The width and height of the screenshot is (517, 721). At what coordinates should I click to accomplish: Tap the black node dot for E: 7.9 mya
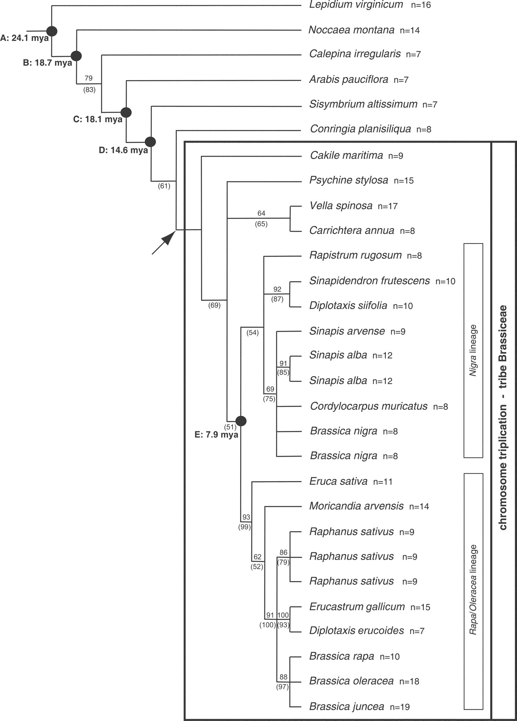point(241,421)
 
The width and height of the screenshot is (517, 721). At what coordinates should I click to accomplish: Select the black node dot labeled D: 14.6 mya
point(150,142)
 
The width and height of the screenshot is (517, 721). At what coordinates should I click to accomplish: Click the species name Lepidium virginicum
point(356,5)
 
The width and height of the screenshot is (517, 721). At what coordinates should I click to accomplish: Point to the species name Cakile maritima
point(347,155)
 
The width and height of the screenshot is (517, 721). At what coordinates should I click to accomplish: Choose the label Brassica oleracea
point(351,681)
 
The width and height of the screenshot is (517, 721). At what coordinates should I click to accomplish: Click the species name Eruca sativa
point(339,481)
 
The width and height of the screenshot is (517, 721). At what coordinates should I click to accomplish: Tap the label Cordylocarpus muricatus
point(369,406)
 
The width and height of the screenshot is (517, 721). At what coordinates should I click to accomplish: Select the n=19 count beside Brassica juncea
point(400,707)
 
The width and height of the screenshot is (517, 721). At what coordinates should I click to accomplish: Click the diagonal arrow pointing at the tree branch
point(164,242)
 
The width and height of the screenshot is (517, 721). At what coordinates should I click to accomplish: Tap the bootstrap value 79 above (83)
point(88,78)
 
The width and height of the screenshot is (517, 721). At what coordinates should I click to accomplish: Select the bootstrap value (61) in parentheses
point(164,186)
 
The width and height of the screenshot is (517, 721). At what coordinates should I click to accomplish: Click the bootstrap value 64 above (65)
point(261,213)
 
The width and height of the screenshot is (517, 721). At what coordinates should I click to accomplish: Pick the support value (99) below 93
point(244,527)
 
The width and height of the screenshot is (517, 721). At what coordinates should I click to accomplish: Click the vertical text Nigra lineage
point(473,350)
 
